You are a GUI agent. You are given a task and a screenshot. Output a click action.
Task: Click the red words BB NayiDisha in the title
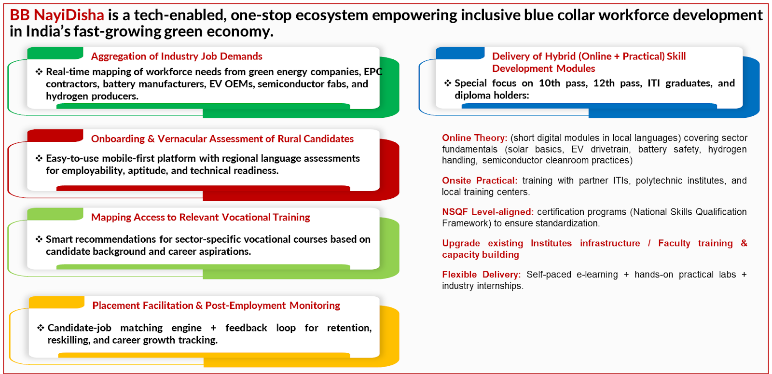point(57,15)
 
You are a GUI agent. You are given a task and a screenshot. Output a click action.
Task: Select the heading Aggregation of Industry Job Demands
point(177,56)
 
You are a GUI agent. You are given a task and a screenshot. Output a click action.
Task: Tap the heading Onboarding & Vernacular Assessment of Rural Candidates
point(222,139)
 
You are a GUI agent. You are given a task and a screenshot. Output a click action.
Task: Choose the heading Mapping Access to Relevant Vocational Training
point(201,217)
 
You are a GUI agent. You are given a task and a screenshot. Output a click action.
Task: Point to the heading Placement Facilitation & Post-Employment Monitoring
point(216,305)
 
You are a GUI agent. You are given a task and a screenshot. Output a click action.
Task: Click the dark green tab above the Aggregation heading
point(55,53)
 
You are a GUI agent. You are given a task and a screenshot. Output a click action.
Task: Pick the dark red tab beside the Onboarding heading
point(55,136)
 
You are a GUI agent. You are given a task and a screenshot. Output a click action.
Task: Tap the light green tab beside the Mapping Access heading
point(55,214)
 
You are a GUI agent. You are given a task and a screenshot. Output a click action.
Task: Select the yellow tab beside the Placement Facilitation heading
point(57,302)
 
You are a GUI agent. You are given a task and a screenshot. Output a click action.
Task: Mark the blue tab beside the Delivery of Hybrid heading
point(460,53)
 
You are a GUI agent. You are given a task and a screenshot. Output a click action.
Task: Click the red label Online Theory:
point(475,138)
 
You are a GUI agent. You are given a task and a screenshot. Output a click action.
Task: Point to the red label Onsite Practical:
point(480,180)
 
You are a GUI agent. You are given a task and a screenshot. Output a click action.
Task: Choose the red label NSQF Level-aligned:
point(488,212)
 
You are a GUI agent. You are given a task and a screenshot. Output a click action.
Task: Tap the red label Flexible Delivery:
point(482,275)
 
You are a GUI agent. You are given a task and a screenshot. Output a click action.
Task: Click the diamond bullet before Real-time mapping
point(39,72)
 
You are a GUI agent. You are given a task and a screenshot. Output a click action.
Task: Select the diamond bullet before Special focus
point(448,83)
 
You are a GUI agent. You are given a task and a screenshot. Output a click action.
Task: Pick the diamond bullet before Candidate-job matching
point(41,328)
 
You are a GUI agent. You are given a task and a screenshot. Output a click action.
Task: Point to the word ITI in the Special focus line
point(654,83)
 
